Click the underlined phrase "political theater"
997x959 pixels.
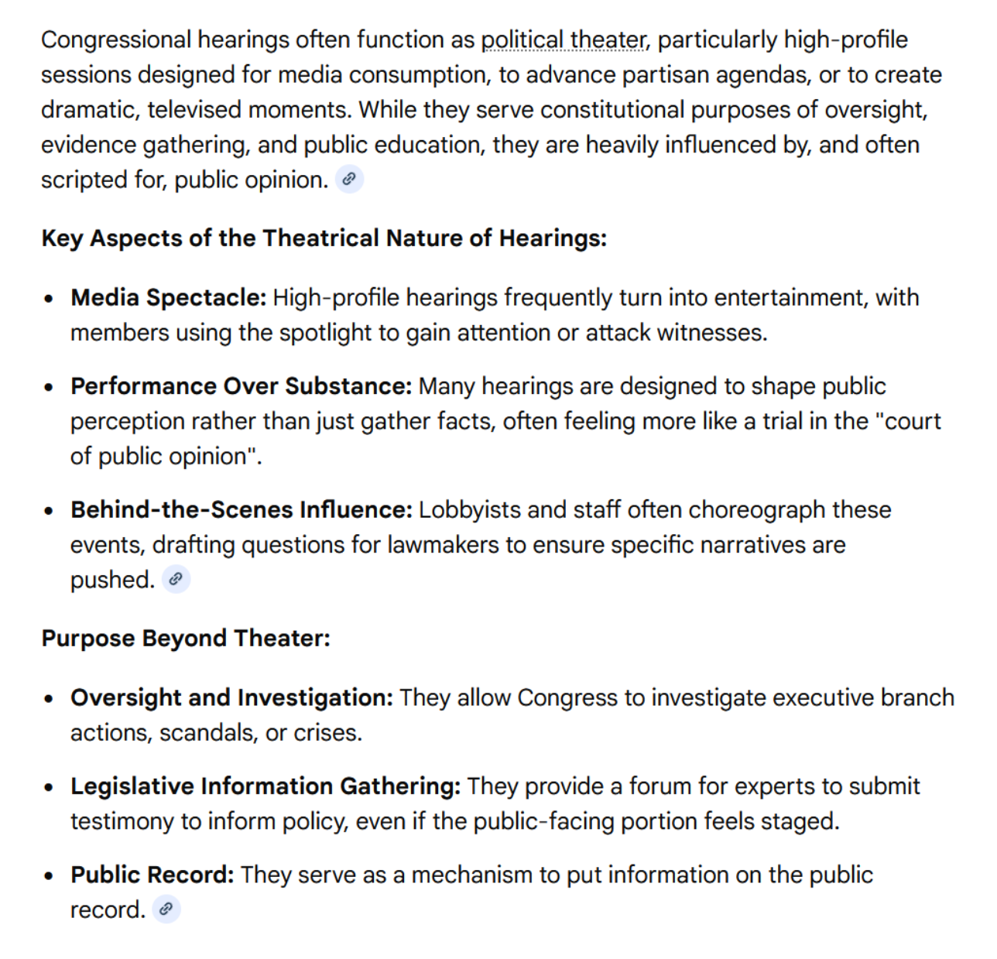click(x=563, y=39)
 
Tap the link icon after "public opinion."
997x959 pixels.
click(x=349, y=180)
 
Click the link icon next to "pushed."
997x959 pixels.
click(x=176, y=579)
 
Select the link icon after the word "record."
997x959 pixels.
click(x=166, y=909)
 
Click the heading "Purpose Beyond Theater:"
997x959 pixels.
click(x=186, y=638)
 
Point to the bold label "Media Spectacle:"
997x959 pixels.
click(x=169, y=297)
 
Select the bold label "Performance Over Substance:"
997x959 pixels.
click(x=241, y=385)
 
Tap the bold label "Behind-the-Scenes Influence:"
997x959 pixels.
click(x=242, y=509)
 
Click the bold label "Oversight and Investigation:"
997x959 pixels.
click(x=231, y=697)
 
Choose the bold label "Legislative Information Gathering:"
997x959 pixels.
click(x=266, y=786)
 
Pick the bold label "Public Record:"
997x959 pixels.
click(x=152, y=875)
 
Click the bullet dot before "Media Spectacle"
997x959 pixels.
click(x=50, y=299)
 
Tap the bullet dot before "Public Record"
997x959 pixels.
click(x=50, y=876)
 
